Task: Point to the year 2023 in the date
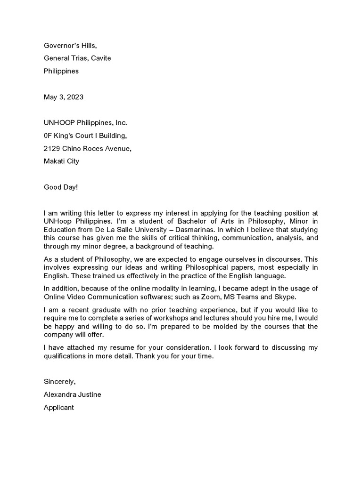[x=75, y=97]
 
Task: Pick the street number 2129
[x=52, y=148]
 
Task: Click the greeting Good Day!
[x=61, y=187]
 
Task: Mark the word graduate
[x=97, y=310]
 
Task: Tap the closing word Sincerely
[x=58, y=382]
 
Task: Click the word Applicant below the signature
[x=59, y=408]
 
